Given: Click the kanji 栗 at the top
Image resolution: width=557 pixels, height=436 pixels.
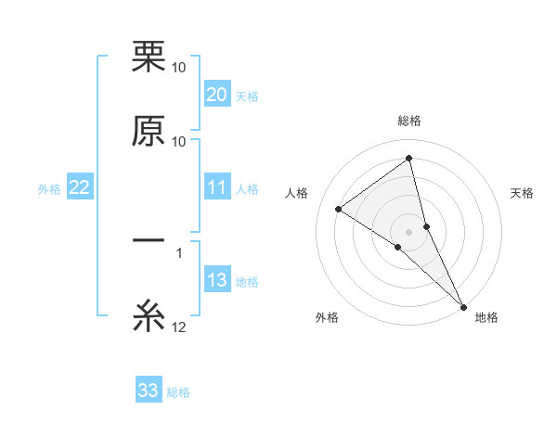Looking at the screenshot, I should click(149, 56).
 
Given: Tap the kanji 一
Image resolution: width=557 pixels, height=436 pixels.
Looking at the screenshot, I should click(149, 240).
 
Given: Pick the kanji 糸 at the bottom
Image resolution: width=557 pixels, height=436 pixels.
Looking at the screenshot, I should click(149, 315).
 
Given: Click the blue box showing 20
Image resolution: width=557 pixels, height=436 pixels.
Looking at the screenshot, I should click(217, 95).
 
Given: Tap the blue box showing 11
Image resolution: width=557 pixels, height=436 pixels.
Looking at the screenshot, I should click(217, 187).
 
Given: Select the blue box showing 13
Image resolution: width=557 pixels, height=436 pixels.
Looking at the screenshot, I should click(217, 281).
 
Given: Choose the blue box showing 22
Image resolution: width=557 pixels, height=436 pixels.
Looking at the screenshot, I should click(80, 188).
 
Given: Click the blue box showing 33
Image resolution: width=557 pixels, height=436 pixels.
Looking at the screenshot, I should click(149, 391).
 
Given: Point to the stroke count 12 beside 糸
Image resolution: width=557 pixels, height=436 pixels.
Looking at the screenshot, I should click(179, 327).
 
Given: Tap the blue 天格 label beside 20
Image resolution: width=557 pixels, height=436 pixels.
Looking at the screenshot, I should click(247, 96).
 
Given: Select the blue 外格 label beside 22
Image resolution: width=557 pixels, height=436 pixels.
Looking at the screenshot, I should click(49, 189).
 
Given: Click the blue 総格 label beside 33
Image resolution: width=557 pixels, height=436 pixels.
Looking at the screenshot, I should click(178, 392).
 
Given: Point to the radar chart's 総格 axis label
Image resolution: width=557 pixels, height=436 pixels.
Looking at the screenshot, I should click(409, 121).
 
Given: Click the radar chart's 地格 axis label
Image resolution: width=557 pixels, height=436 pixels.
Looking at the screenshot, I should click(486, 317).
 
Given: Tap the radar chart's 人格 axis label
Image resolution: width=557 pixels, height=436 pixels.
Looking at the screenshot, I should click(297, 193).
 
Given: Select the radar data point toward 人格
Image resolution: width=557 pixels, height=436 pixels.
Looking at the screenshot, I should click(339, 209).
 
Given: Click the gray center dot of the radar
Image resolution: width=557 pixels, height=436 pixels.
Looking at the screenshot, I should click(409, 231).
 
